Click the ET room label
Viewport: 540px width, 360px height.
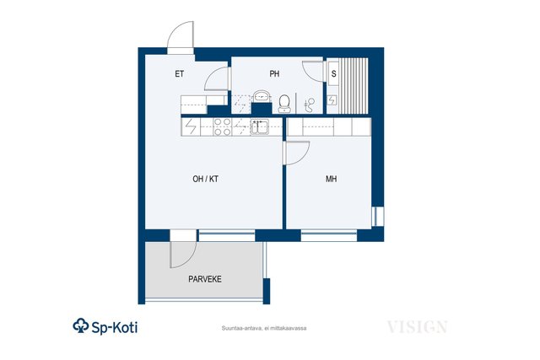[x=180, y=74]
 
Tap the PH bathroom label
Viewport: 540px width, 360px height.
[x=274, y=74]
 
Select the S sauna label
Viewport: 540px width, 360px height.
[x=334, y=73]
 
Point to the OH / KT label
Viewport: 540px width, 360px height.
[x=206, y=179]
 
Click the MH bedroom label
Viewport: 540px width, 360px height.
[x=332, y=179]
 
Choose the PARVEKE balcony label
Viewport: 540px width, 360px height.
[x=205, y=279]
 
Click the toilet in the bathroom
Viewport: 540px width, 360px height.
[x=284, y=104]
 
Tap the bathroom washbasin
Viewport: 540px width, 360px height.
[x=262, y=96]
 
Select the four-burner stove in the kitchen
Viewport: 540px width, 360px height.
[x=222, y=126]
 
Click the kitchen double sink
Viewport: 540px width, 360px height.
[x=259, y=126]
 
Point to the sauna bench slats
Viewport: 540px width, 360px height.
[x=354, y=86]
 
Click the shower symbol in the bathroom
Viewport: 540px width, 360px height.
[x=310, y=105]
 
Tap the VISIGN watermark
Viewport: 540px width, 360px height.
[x=417, y=327]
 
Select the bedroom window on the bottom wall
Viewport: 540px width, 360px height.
[x=329, y=235]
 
